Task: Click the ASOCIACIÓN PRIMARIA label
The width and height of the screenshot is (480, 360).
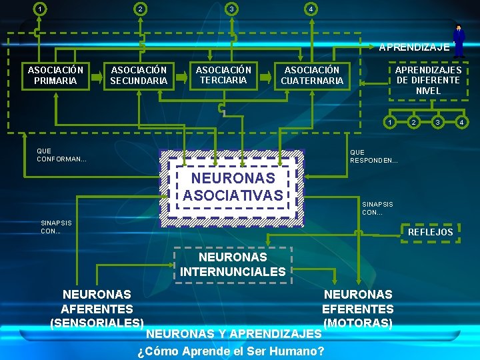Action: point(55,75)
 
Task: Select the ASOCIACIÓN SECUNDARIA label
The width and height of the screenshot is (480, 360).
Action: point(139,75)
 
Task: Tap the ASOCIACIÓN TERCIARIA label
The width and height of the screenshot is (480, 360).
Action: point(223,75)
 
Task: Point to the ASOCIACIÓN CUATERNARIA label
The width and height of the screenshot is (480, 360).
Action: point(312,75)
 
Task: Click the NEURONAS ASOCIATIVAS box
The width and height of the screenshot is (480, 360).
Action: point(233,187)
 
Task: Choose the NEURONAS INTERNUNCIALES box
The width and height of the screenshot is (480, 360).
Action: point(233,264)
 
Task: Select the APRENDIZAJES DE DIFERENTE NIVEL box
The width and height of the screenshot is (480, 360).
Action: point(428,80)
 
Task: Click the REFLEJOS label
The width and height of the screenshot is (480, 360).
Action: point(430,232)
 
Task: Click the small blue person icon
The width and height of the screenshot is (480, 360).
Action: point(459,39)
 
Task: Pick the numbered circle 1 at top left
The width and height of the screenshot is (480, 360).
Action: point(41,9)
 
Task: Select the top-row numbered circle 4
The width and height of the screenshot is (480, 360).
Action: point(310,9)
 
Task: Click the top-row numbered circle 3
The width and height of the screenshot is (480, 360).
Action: point(231,9)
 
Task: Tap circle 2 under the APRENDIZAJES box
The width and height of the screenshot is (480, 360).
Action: point(414,122)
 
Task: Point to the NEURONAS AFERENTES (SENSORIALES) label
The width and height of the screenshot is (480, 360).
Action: point(97,308)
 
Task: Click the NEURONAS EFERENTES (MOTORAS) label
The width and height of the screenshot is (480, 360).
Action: point(358,308)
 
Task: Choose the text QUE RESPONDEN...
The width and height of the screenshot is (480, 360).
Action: point(373,157)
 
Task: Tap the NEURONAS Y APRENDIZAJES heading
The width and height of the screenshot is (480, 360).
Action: point(233,333)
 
